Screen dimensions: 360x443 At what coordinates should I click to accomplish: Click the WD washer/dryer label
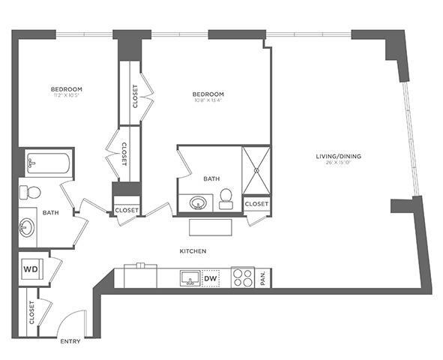tap(31, 268)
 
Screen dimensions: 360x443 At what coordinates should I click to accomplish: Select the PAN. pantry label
tap(264, 277)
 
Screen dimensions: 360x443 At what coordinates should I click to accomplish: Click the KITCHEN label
tap(193, 250)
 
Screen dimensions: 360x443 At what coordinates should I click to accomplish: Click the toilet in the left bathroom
tap(30, 192)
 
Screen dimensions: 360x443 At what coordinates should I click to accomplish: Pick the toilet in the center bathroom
tap(226, 199)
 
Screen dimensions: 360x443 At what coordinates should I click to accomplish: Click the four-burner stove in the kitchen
tap(243, 278)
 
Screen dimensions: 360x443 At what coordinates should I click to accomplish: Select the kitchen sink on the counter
tap(190, 278)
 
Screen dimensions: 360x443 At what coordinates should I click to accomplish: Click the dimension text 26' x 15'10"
tap(339, 164)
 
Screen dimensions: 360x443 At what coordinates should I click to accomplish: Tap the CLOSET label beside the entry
tap(31, 312)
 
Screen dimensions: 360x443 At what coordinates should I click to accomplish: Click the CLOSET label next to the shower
tap(256, 204)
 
